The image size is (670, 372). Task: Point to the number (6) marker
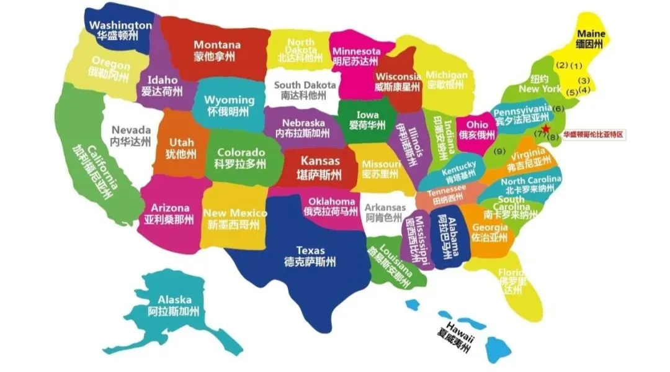(x=558, y=109)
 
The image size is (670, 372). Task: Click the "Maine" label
(x=591, y=32)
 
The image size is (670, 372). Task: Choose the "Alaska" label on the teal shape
(x=174, y=299)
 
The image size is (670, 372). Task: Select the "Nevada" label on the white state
(x=131, y=130)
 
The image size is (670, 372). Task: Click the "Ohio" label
(x=477, y=124)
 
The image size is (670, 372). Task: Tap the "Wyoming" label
(x=230, y=100)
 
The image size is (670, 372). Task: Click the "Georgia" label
(x=489, y=227)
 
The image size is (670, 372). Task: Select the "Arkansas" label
(x=385, y=207)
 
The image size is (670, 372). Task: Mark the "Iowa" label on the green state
(x=367, y=114)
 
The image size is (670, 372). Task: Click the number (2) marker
(x=562, y=65)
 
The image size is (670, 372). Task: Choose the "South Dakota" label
(x=305, y=85)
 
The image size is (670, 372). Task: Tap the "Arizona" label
(x=166, y=208)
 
